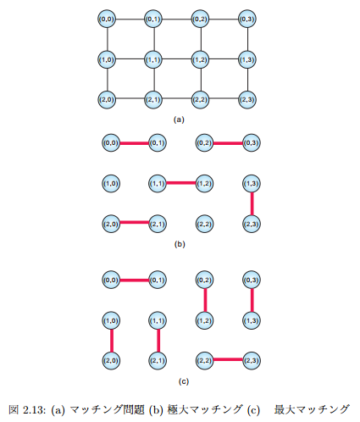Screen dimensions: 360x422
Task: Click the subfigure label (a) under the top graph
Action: (x=179, y=119)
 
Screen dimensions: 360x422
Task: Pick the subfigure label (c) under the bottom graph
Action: (x=184, y=381)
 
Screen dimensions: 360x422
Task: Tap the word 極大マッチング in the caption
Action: (x=205, y=409)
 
